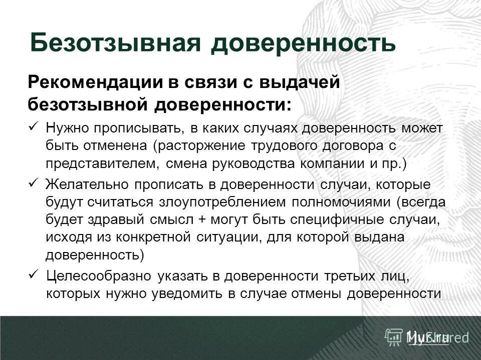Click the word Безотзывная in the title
pyautogui.click(x=116, y=43)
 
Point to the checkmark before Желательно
pyautogui.click(x=34, y=183)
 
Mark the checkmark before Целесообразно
pyautogui.click(x=34, y=274)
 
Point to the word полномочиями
pyautogui.click(x=332, y=202)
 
